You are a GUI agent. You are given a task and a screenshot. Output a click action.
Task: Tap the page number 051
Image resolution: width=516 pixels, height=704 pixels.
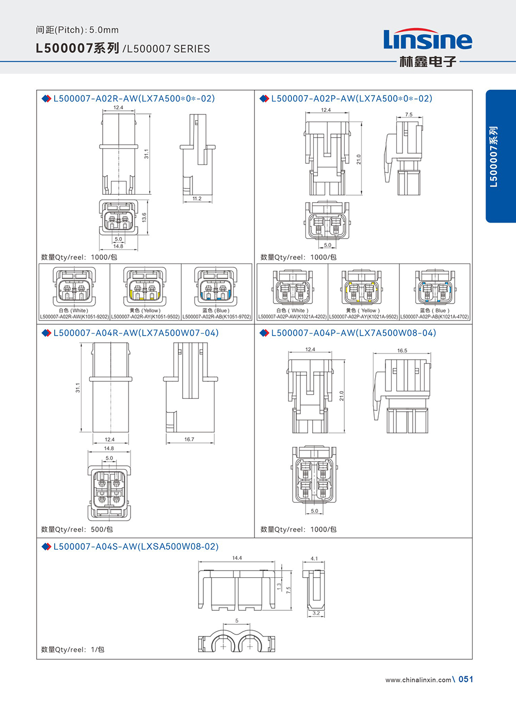[x=465, y=679]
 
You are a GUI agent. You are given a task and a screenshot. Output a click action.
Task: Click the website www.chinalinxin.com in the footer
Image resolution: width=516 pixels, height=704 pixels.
[x=418, y=680]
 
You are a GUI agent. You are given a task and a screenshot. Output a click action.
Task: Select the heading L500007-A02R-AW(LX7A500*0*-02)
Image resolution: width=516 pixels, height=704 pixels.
[x=134, y=98]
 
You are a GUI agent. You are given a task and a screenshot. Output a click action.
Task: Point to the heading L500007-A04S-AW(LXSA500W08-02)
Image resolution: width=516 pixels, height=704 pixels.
[x=136, y=546]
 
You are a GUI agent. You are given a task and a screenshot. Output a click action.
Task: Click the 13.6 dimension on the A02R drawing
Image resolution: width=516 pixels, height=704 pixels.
[x=144, y=217]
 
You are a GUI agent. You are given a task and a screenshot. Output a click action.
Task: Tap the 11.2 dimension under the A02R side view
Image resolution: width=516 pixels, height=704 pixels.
[x=197, y=198]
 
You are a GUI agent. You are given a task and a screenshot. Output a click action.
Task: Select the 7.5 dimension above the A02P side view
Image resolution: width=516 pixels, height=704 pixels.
[x=409, y=114]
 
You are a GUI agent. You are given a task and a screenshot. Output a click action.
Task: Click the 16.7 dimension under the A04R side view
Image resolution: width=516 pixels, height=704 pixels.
[x=189, y=439]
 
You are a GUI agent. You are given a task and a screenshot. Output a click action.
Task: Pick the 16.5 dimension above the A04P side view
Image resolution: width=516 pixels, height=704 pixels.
[x=402, y=350]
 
